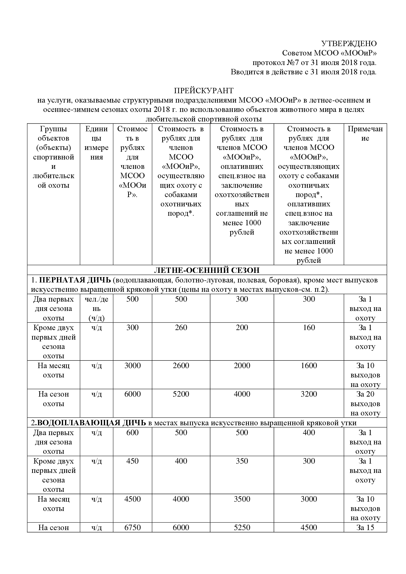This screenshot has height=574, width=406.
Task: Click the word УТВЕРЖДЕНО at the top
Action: pyautogui.click(x=349, y=43)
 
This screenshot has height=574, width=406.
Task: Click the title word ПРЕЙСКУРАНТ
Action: pyautogui.click(x=204, y=90)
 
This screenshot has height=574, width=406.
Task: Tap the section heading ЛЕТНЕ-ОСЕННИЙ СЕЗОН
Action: pyautogui.click(x=207, y=270)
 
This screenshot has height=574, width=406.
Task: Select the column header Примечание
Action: pyautogui.click(x=365, y=133)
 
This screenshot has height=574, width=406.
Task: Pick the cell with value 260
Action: pyautogui.click(x=181, y=328)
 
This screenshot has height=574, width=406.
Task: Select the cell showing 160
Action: pyautogui.click(x=309, y=328)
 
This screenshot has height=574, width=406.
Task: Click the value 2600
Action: pyautogui.click(x=181, y=365)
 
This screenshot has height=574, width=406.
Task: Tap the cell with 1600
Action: pyautogui.click(x=309, y=365)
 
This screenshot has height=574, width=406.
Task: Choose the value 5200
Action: pyautogui.click(x=181, y=394)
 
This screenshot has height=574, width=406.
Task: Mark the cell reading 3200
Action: pyautogui.click(x=309, y=394)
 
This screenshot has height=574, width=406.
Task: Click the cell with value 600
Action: pyautogui.click(x=132, y=432)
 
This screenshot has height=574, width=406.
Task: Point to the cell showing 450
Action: pyautogui.click(x=132, y=461)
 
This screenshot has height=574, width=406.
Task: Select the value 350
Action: pyautogui.click(x=242, y=461)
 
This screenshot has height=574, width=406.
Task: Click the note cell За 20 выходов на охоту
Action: pyautogui.click(x=365, y=403)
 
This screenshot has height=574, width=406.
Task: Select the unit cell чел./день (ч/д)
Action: pyautogui.click(x=96, y=308)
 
